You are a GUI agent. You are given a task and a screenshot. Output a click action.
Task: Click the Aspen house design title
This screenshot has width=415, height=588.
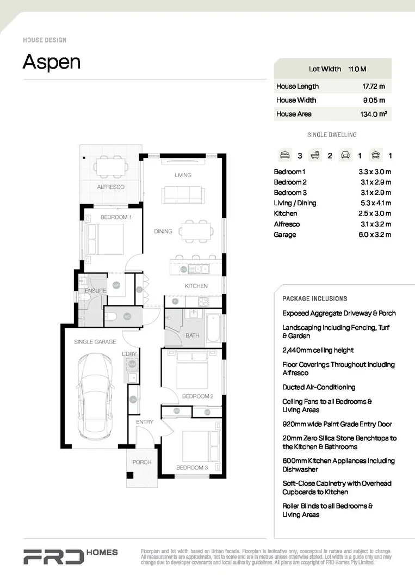(x=52, y=62)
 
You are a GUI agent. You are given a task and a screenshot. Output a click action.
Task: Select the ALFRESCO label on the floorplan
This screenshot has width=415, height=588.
(x=110, y=187)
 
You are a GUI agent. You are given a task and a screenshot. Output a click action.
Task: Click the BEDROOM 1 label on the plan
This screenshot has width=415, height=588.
(x=116, y=217)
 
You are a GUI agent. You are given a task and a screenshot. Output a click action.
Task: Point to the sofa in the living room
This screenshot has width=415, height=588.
(x=183, y=194)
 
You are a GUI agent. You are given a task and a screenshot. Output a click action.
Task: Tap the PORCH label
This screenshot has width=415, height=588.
(x=142, y=462)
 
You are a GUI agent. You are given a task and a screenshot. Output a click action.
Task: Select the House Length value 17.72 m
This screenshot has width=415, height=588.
(x=374, y=86)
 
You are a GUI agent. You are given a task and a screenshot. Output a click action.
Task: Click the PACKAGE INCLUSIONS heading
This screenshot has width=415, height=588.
(x=314, y=299)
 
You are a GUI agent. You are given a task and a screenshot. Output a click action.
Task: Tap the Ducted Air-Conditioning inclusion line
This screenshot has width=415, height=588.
(x=319, y=387)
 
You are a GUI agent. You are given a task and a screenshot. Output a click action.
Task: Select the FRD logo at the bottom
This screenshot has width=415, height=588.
(x=53, y=556)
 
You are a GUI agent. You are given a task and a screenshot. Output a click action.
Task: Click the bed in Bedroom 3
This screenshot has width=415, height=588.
(x=199, y=446)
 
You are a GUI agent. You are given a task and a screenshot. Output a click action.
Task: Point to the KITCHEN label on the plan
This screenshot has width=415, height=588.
(x=196, y=286)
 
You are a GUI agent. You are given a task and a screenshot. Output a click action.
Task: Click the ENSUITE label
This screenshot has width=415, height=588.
(x=96, y=291)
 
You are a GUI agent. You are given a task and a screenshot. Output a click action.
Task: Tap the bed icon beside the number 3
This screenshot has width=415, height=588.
(x=284, y=155)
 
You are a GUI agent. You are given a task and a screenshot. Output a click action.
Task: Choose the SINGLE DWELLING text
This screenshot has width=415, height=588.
(x=332, y=134)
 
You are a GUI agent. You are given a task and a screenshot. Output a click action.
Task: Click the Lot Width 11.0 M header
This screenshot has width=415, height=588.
(x=337, y=69)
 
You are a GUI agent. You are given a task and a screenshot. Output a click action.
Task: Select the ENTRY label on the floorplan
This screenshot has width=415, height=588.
(x=145, y=422)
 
